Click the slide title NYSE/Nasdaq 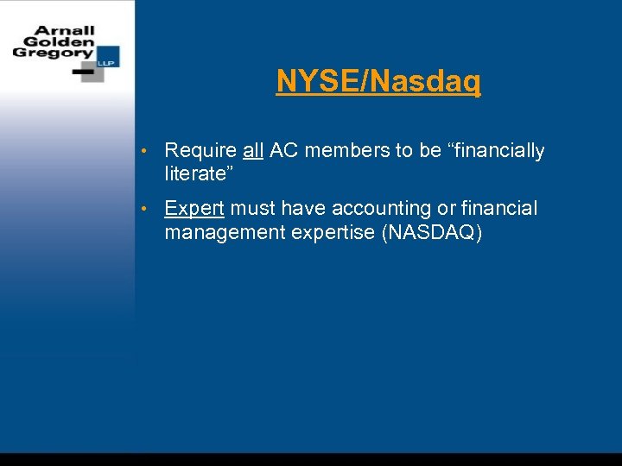(378, 82)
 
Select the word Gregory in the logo (51, 54)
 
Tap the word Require (200, 152)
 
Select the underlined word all (253, 151)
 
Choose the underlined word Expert (194, 210)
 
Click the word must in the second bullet (252, 210)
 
